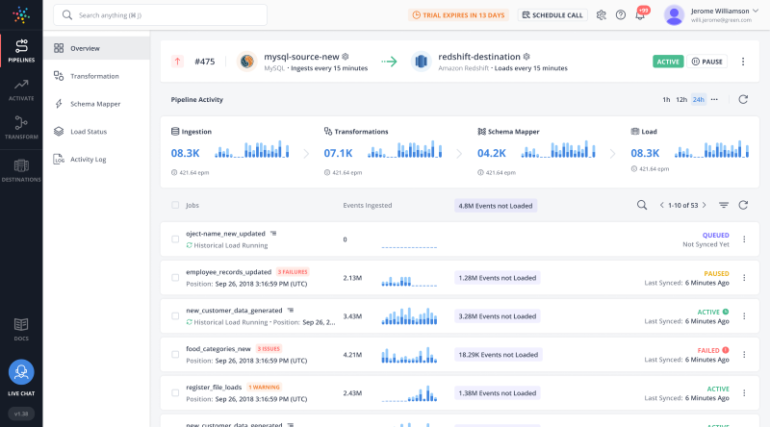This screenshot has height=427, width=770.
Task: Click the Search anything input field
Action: pyautogui.click(x=160, y=15)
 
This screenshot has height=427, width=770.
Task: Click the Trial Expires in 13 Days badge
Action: pyautogui.click(x=459, y=15)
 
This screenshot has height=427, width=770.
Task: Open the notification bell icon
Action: pyautogui.click(x=639, y=15)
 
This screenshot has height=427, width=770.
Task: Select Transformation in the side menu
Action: pyautogui.click(x=94, y=76)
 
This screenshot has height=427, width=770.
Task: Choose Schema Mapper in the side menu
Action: pyautogui.click(x=94, y=104)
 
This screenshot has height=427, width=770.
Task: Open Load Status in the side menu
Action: pyautogui.click(x=88, y=131)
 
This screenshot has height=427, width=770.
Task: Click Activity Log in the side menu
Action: pyautogui.click(x=88, y=159)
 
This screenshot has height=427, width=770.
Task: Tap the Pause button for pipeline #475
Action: pyautogui.click(x=707, y=61)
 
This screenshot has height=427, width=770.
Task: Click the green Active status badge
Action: pyautogui.click(x=668, y=61)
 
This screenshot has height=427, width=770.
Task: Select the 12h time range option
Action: pyautogui.click(x=681, y=100)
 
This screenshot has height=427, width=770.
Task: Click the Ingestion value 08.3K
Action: pyautogui.click(x=185, y=153)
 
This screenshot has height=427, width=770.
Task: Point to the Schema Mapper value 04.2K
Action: pyautogui.click(x=491, y=153)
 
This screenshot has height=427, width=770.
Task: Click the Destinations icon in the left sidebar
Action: pyautogui.click(x=21, y=169)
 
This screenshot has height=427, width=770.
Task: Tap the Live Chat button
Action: pyautogui.click(x=21, y=375)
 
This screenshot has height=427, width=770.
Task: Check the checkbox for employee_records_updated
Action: pyautogui.click(x=175, y=277)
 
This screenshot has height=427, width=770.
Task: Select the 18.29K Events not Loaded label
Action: pyautogui.click(x=497, y=354)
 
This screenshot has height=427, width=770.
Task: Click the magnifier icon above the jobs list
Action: pyautogui.click(x=642, y=205)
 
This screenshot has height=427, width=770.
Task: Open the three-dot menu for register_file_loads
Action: pyautogui.click(x=743, y=393)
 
